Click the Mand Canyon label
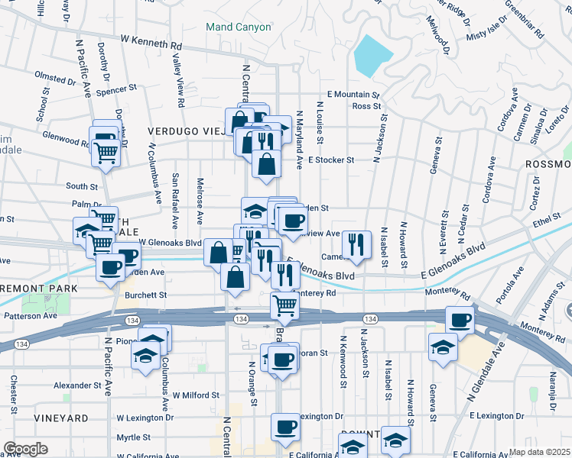239,27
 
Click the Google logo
25,449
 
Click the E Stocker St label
331,160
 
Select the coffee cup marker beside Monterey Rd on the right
460,321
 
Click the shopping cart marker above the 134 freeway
284,305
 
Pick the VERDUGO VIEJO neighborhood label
187,131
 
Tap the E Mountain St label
353,95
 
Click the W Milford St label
196,395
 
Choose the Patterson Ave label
31,315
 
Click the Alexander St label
78,386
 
